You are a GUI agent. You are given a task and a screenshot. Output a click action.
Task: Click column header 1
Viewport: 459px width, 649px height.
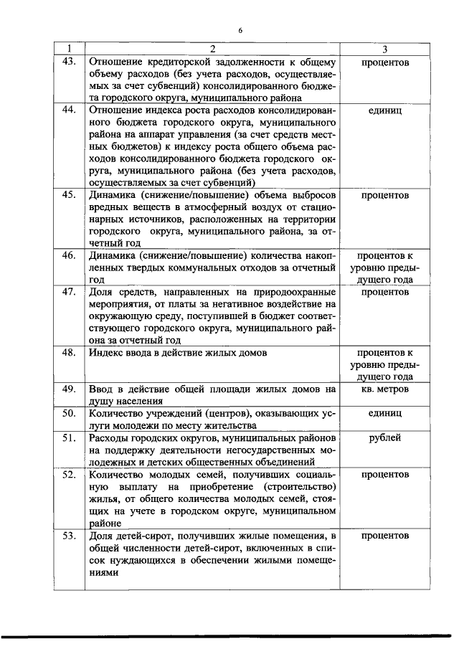pos(69,49)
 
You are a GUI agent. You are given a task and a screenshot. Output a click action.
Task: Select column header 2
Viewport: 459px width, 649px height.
pos(212,49)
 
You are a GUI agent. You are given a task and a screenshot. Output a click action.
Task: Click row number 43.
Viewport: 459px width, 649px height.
pos(69,62)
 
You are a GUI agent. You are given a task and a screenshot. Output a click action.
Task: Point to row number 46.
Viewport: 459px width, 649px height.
pos(69,256)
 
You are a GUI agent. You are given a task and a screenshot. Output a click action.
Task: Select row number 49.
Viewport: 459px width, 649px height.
pos(69,389)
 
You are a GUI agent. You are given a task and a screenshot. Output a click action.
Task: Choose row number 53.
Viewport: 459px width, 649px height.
pos(69,536)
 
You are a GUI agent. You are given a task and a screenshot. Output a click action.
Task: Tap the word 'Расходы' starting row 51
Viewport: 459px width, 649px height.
pos(109,437)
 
